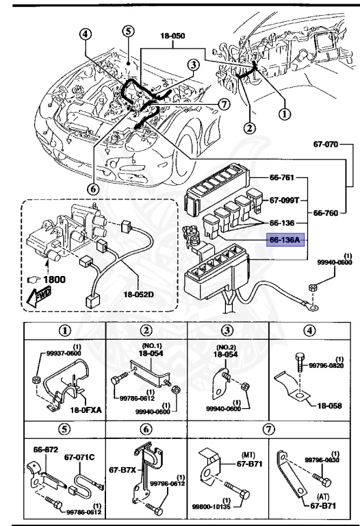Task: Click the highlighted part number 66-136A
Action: pyautogui.click(x=284, y=241)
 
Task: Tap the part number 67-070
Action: pyautogui.click(x=327, y=145)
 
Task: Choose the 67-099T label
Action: pyautogui.click(x=283, y=201)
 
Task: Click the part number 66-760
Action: pyautogui.click(x=327, y=213)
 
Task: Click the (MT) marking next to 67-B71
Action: pyautogui.click(x=247, y=454)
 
